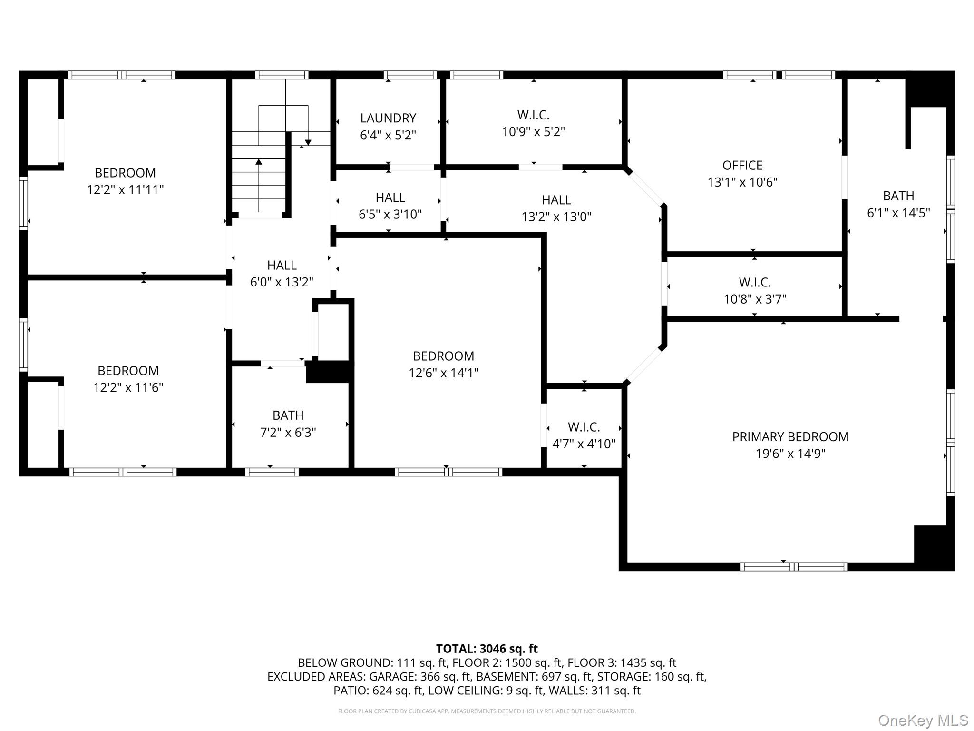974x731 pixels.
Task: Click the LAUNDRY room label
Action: (x=388, y=118)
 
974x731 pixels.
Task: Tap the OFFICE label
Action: (x=742, y=165)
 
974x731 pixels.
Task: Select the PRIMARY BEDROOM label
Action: (x=790, y=436)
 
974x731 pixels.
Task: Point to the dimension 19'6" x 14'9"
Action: (x=790, y=454)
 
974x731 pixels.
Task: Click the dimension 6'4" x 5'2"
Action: (x=388, y=135)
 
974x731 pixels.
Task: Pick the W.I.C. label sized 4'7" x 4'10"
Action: (x=584, y=427)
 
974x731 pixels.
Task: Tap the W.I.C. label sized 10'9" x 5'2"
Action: (x=533, y=115)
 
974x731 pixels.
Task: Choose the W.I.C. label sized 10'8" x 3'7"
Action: (x=755, y=282)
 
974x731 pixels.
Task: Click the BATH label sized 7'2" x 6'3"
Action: (x=288, y=415)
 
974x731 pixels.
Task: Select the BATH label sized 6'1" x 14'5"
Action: (x=898, y=196)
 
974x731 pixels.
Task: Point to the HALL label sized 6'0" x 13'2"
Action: (x=282, y=265)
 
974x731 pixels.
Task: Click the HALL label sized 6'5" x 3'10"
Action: (x=390, y=198)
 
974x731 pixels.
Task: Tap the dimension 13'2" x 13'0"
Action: (x=556, y=217)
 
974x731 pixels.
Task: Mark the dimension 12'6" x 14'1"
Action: (x=444, y=373)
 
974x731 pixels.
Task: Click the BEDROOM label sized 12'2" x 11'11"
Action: (x=125, y=173)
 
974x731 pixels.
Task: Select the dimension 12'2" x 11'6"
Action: (x=128, y=388)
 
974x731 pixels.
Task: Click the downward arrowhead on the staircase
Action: (x=308, y=142)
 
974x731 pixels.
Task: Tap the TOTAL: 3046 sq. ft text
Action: (x=487, y=649)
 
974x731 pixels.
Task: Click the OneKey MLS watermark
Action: (x=923, y=721)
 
